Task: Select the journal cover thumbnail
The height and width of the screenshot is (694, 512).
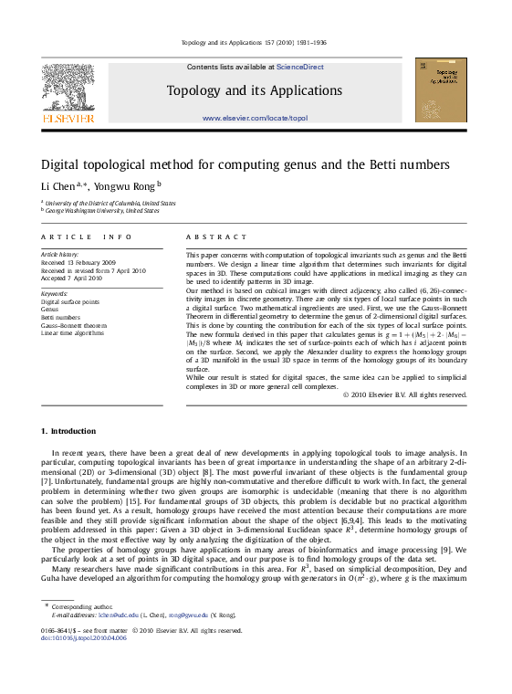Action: coord(441,89)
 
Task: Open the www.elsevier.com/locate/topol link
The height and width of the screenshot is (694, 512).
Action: coord(255,119)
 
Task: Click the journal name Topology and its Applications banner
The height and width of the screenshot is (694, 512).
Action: coord(254,90)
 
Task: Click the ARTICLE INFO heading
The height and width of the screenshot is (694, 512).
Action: coord(79,237)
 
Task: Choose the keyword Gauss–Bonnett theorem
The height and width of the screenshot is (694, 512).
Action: coord(74,325)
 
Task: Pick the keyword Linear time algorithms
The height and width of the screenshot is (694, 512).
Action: coord(73,333)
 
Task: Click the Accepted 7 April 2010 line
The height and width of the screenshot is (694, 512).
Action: coord(71,278)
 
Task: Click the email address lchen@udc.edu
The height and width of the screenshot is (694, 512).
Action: coord(119,615)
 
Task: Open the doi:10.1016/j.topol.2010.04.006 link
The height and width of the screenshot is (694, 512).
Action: coord(84,637)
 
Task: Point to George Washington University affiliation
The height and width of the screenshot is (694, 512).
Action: coord(101,210)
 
